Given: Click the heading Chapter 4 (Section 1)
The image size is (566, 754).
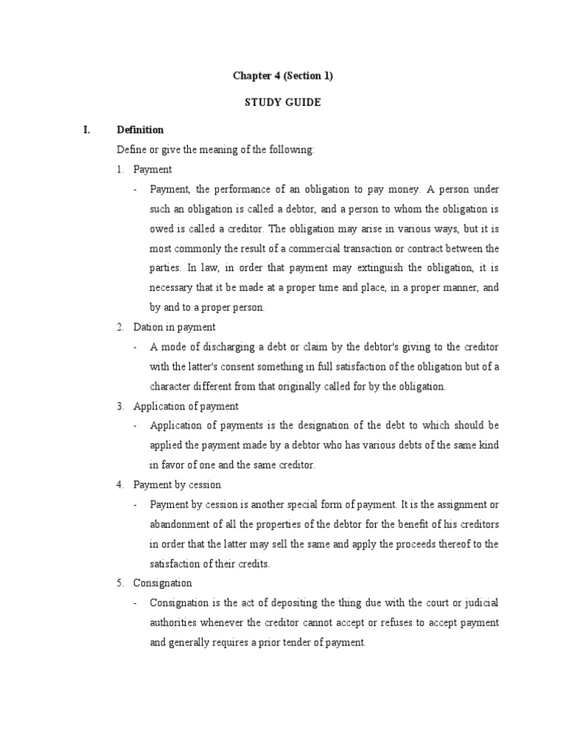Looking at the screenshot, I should pyautogui.click(x=282, y=76).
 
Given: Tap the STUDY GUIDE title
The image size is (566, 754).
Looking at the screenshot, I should pyautogui.click(x=282, y=102).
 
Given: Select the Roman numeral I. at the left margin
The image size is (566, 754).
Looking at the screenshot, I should pyautogui.click(x=88, y=130).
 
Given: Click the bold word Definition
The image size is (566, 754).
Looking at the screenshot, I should pyautogui.click(x=140, y=130).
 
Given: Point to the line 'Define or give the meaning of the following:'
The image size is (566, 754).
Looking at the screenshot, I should pyautogui.click(x=215, y=149).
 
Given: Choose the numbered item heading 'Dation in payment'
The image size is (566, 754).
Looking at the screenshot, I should pyautogui.click(x=175, y=327).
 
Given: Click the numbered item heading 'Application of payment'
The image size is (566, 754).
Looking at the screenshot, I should pyautogui.click(x=186, y=406).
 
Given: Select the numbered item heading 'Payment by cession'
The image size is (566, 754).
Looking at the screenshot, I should pyautogui.click(x=177, y=485).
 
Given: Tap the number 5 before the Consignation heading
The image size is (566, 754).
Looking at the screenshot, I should pyautogui.click(x=120, y=582).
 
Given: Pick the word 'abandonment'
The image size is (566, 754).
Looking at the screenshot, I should pyautogui.click(x=181, y=524).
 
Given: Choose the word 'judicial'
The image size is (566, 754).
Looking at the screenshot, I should pyautogui.click(x=481, y=602).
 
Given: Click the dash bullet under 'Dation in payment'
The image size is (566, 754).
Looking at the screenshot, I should pyautogui.click(x=136, y=347).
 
